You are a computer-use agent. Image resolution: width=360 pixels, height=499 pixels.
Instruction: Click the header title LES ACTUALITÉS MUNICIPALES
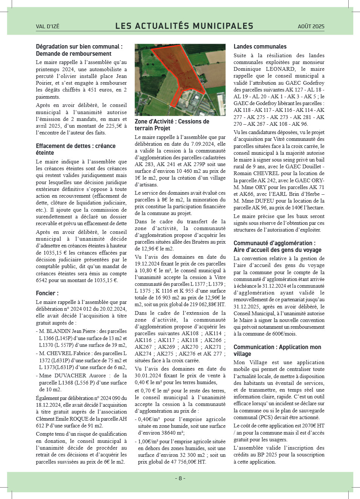tap(184, 26)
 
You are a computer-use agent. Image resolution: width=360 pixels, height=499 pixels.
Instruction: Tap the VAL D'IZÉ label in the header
tap(47, 26)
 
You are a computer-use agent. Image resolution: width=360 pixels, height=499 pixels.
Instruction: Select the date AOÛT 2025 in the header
tap(311, 26)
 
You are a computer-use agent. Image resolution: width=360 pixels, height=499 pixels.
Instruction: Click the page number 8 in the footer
tap(180, 478)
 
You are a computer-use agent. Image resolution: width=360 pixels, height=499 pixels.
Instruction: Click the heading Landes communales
tap(260, 47)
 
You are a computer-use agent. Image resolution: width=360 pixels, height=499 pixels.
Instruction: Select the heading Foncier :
tap(47, 293)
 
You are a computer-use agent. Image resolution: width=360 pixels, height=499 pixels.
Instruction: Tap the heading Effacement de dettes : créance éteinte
tap(75, 149)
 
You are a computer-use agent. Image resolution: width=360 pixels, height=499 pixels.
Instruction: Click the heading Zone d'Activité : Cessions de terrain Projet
tap(172, 125)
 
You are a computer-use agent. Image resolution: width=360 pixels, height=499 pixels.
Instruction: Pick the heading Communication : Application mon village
tap(277, 350)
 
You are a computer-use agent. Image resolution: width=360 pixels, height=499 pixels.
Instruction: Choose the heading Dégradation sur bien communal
tap(79, 47)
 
